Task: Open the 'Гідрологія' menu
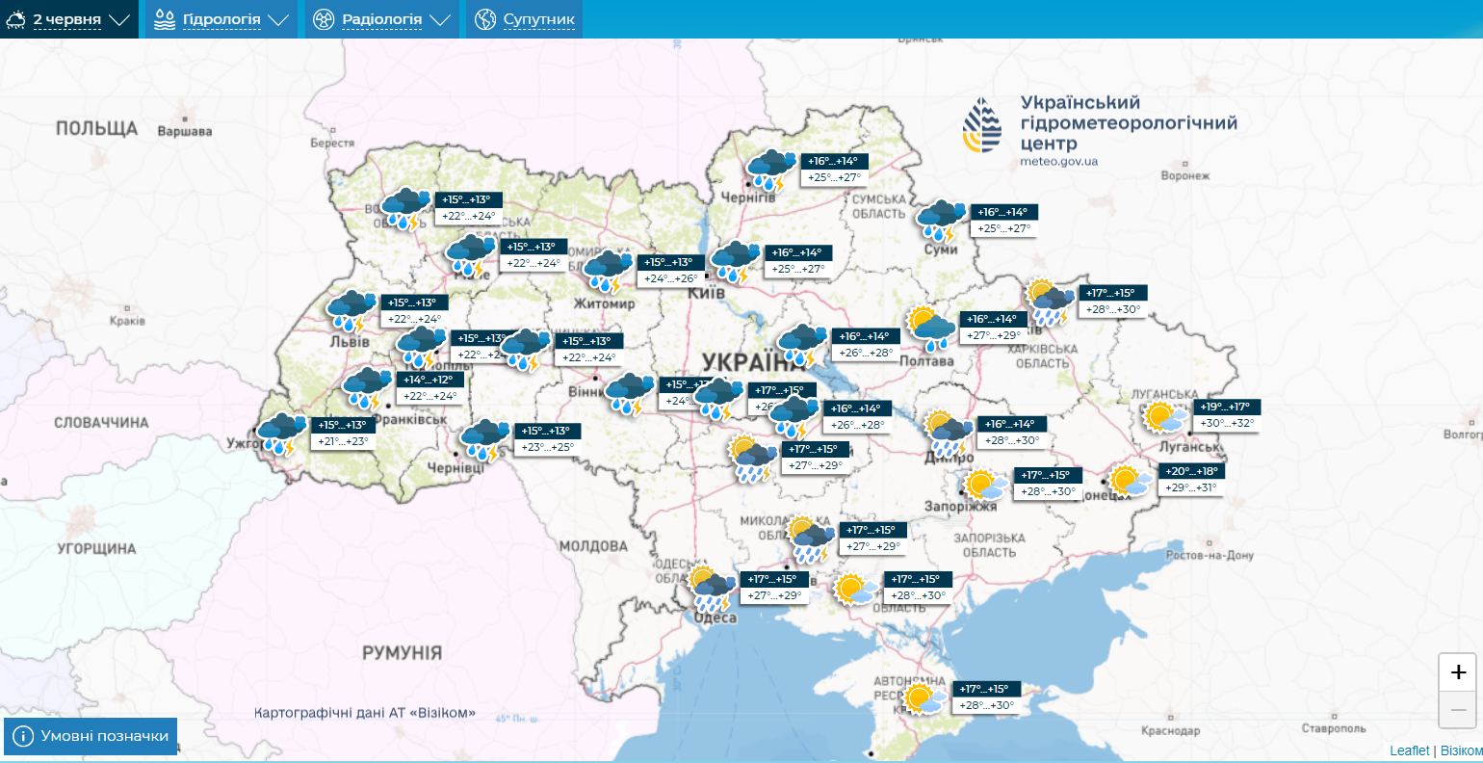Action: pos(221,19)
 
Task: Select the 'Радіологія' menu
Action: pos(382,19)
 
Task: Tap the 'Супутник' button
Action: pos(525,19)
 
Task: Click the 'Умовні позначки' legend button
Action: pos(91,736)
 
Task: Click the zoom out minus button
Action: pos(1458,710)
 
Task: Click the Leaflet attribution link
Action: pos(1409,750)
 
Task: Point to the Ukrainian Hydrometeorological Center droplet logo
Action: pos(982,125)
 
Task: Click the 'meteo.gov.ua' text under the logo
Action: pos(1058,162)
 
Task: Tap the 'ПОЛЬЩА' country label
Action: pos(96,128)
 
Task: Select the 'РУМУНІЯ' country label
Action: pos(402,652)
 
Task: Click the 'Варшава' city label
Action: pos(185,131)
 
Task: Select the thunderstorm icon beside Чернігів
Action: pos(770,169)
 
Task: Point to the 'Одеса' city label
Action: pos(715,618)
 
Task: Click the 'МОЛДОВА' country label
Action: pos(593,546)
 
